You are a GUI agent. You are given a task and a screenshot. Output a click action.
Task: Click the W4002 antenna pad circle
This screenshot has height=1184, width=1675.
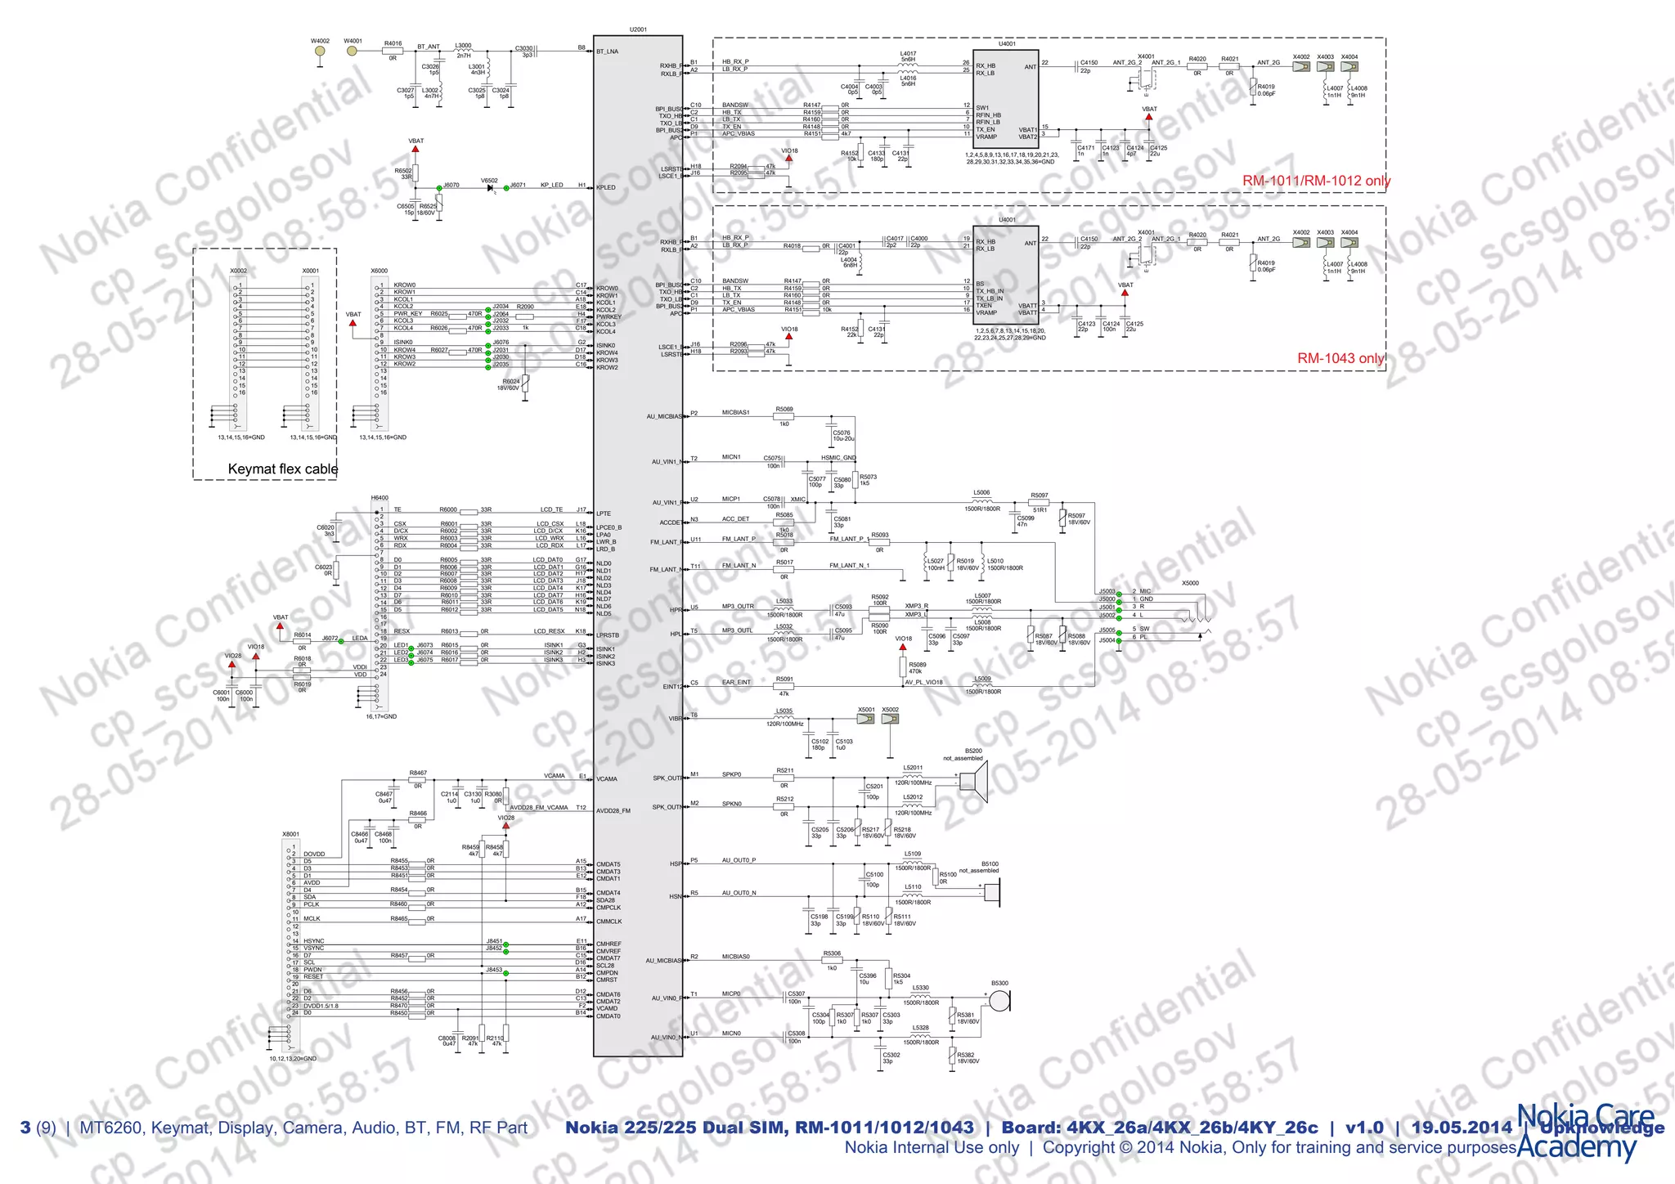(x=320, y=51)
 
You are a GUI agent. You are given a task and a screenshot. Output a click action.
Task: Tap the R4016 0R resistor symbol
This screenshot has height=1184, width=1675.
(x=393, y=51)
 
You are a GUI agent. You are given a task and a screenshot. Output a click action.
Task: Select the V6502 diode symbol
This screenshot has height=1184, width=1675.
(x=490, y=188)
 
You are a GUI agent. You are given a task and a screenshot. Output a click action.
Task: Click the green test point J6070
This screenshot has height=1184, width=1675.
(x=440, y=188)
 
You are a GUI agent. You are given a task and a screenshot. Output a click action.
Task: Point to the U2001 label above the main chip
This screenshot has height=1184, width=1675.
(x=638, y=29)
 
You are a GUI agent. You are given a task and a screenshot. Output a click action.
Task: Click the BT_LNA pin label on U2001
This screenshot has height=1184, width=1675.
(x=608, y=52)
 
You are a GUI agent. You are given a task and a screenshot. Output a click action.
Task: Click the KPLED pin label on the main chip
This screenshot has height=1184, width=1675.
(x=606, y=187)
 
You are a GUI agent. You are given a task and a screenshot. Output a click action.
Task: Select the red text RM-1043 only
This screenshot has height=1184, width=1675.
(x=1340, y=358)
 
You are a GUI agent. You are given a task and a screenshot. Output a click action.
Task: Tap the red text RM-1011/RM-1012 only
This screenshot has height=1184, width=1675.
(x=1316, y=181)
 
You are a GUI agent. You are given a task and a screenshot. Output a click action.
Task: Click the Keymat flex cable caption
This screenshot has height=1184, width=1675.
(x=282, y=469)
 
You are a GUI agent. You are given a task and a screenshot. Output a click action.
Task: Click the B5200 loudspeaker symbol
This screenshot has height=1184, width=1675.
(x=974, y=781)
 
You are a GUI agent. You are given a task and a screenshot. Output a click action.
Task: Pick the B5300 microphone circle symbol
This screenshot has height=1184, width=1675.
(x=999, y=1000)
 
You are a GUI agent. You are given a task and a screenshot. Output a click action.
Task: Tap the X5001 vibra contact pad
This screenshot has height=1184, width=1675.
(x=865, y=719)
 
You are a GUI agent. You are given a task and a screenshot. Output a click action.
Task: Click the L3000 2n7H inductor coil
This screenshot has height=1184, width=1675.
(x=463, y=51)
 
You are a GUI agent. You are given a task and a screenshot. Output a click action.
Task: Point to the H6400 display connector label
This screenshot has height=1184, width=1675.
(x=379, y=497)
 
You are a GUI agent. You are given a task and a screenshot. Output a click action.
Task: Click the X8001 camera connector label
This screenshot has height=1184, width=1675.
(x=290, y=834)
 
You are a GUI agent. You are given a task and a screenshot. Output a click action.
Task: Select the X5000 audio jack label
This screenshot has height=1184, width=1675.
(x=1190, y=583)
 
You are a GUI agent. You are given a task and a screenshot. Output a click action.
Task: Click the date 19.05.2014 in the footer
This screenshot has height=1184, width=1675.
(x=1462, y=1128)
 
